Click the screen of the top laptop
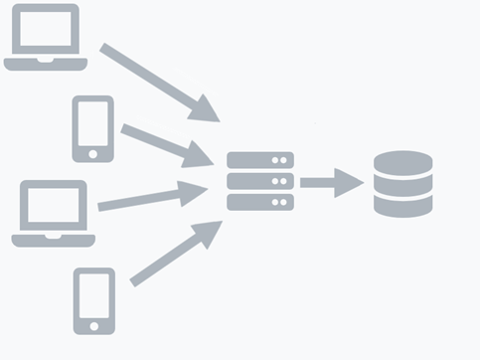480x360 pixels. pos(43,29)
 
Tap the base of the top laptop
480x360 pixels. pos(44,64)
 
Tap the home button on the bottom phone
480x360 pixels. pos(93,323)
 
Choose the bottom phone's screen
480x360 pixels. pos(93,294)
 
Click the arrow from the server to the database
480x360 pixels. pos(329,182)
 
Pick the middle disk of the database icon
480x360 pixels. pos(402,187)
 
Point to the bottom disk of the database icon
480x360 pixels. pos(402,206)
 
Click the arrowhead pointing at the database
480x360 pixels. pos(350,182)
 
